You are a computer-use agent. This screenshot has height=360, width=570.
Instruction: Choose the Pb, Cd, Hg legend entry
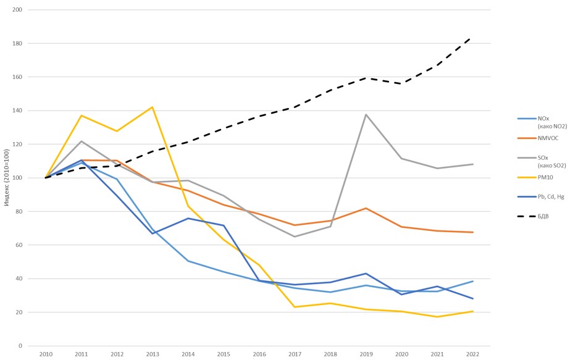546,198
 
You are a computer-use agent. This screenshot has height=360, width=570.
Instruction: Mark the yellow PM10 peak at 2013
152,107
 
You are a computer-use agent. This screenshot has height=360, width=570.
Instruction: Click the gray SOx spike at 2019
366,114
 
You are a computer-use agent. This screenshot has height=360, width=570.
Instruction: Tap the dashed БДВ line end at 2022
472,37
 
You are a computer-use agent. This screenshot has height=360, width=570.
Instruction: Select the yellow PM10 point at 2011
81,115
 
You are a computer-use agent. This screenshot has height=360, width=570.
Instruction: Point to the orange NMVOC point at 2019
366,208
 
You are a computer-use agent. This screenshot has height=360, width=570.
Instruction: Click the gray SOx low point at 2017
295,237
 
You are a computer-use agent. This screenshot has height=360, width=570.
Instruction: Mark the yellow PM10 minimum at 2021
437,317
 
